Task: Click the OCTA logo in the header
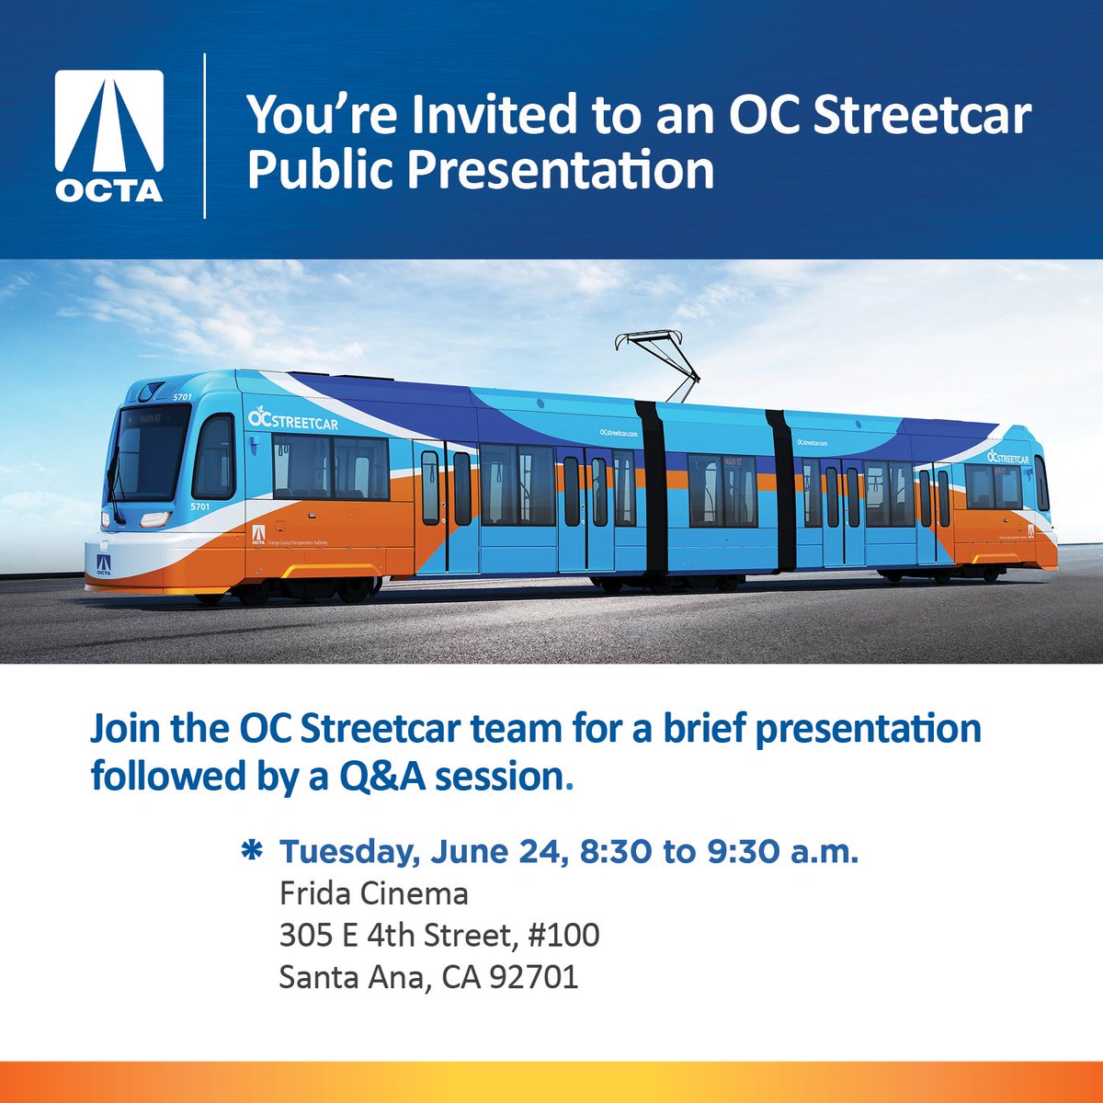109,136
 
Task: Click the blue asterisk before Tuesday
249,851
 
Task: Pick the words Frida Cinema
374,893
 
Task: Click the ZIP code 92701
533,976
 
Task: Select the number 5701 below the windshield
200,506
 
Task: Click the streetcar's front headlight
152,518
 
